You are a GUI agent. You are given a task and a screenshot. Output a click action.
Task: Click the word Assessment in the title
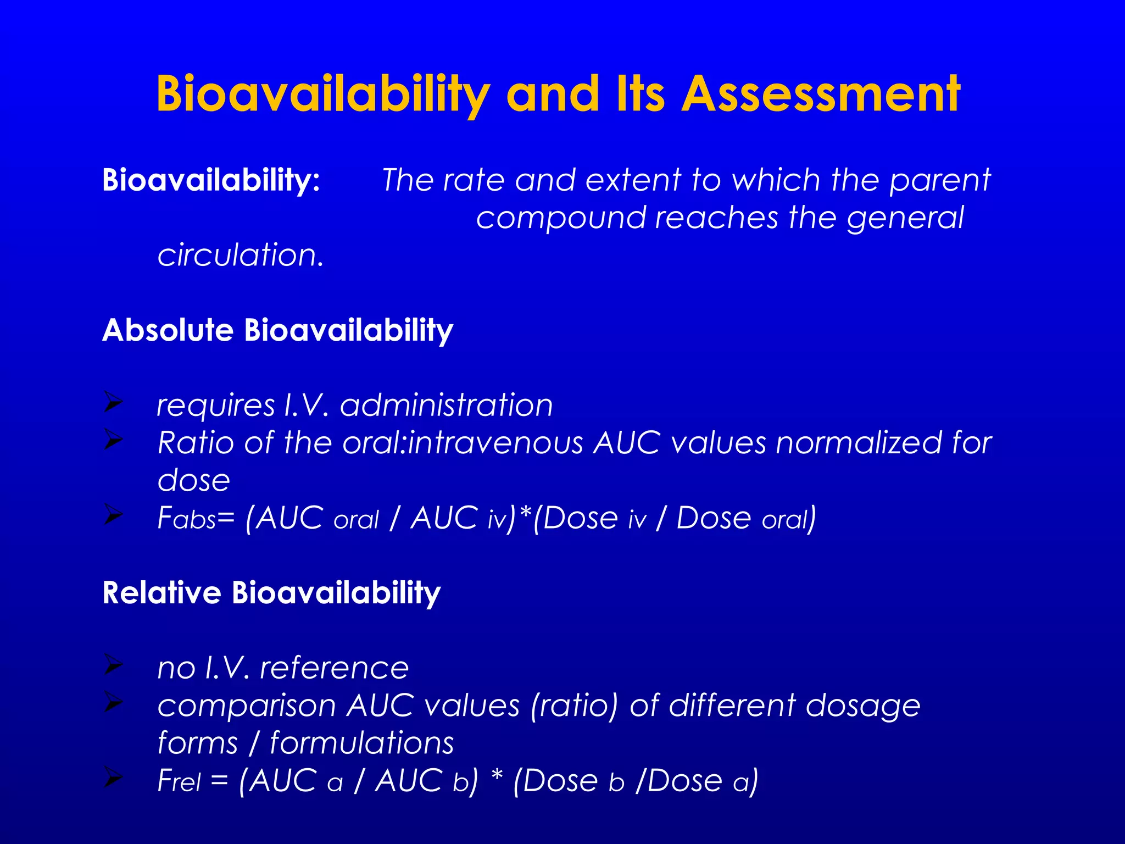click(821, 94)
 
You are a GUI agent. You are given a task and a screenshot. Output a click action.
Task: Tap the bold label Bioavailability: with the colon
click(211, 180)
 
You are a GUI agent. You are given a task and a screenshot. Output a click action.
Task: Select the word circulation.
click(241, 255)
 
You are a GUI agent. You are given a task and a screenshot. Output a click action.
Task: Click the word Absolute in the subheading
click(168, 330)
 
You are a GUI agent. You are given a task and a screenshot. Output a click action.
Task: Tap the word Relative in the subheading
click(161, 593)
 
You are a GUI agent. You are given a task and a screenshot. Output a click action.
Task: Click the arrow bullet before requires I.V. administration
click(113, 403)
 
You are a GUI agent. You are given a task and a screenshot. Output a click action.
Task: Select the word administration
click(446, 406)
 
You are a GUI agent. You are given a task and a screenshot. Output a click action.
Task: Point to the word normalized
click(858, 443)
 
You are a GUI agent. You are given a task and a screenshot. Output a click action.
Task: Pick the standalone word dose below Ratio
click(193, 481)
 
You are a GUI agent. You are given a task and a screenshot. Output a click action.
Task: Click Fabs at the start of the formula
click(187, 519)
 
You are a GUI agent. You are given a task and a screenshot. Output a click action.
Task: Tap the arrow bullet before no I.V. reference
click(113, 665)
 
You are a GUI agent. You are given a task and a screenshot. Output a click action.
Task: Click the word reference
click(334, 669)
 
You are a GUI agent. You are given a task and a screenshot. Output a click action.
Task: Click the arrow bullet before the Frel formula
click(113, 779)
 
